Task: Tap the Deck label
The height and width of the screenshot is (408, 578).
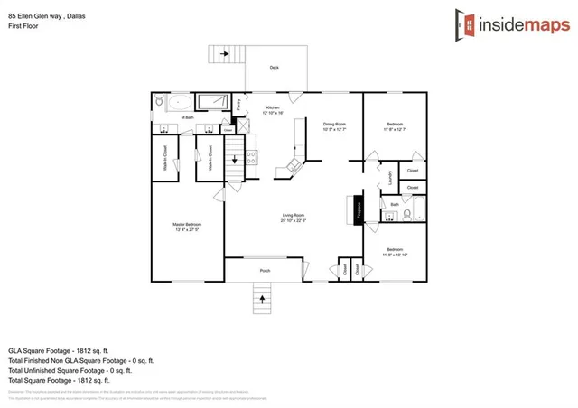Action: coord(274,68)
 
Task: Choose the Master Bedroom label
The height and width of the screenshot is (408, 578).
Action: coord(187,226)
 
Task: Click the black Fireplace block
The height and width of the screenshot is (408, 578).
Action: coord(358,210)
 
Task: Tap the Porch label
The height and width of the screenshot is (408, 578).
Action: coord(266,271)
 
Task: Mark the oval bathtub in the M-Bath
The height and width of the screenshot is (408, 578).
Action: coord(177,101)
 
